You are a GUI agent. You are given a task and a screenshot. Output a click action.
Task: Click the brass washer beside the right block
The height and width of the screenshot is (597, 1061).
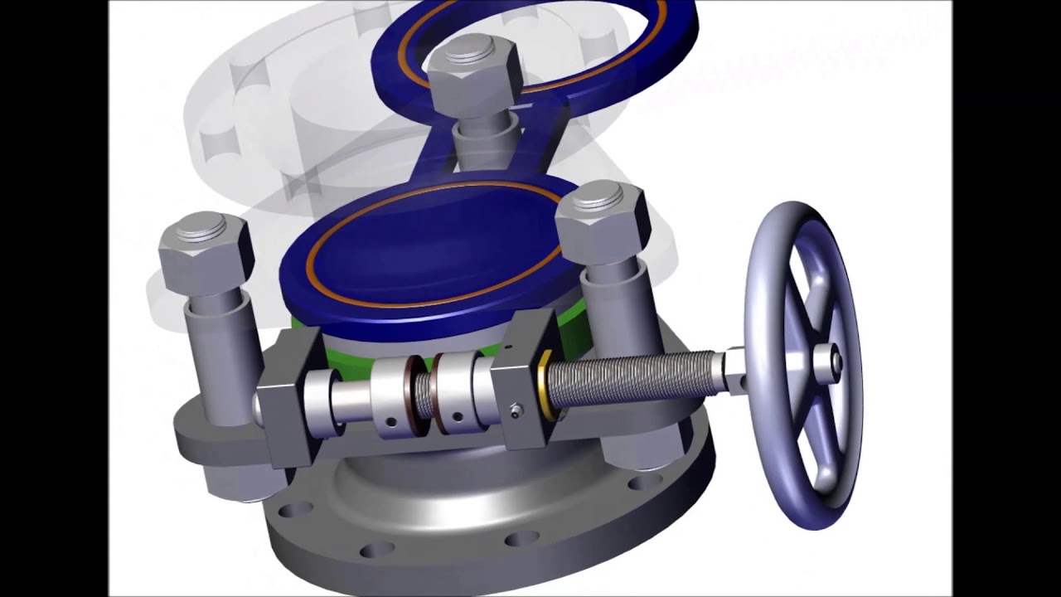click(x=544, y=385)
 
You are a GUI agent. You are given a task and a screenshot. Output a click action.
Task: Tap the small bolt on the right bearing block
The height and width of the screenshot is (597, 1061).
click(x=516, y=409)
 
